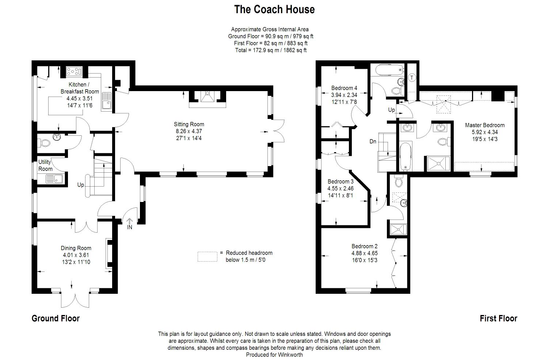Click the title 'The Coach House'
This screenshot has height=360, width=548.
tap(274, 10)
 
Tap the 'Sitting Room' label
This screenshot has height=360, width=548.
tap(189, 124)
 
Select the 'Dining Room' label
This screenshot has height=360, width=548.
tap(76, 248)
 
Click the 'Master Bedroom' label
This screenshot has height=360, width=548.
tap(484, 125)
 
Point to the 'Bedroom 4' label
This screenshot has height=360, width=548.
tap(344, 88)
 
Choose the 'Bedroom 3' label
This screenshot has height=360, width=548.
tap(340, 181)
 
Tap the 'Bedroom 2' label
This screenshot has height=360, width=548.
tap(365, 246)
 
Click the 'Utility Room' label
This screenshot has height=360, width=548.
tap(46, 165)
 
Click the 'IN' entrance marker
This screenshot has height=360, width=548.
tap(129, 227)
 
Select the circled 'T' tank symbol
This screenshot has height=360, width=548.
tap(412, 78)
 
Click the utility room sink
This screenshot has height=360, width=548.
tap(54, 179)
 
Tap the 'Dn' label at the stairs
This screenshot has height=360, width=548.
tap(373, 142)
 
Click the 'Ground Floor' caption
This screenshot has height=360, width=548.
tap(56, 318)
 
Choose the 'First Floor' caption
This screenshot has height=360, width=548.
tap(498, 318)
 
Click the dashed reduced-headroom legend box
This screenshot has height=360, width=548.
tap(207, 256)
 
